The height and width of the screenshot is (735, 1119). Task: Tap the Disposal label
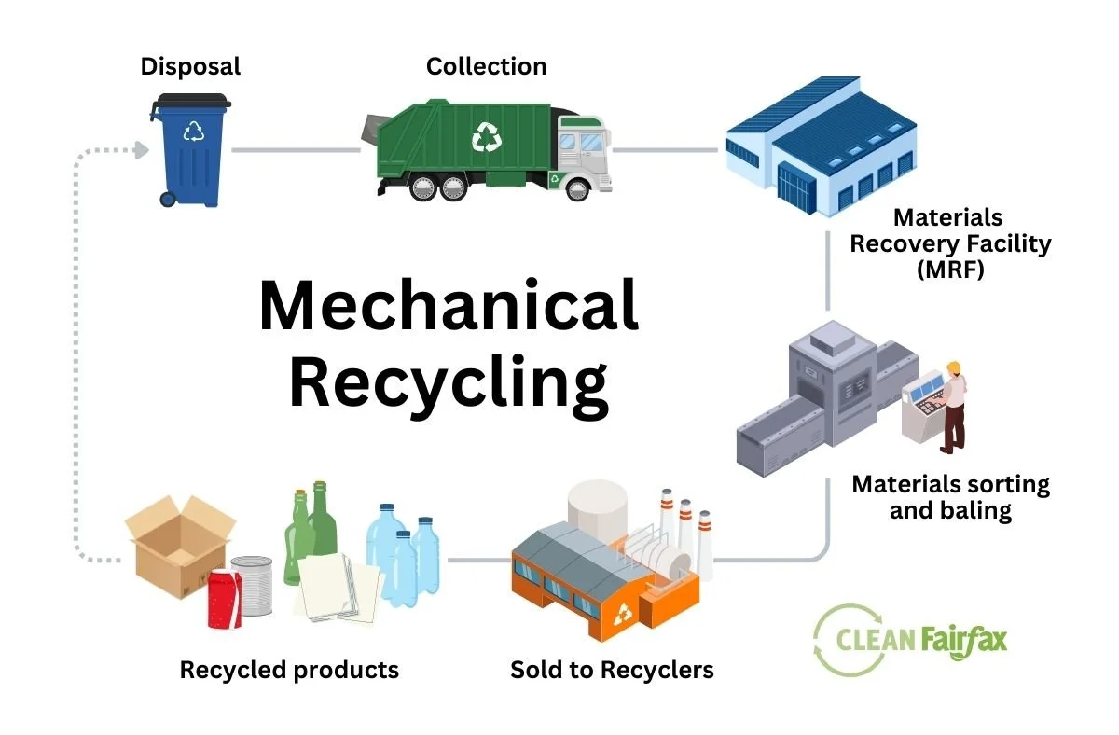click(190, 66)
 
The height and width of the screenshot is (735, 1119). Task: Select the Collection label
click(486, 66)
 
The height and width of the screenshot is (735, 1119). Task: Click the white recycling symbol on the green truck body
click(487, 136)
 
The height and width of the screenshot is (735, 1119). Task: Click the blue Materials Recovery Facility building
click(820, 149)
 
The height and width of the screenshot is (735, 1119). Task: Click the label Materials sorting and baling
click(950, 497)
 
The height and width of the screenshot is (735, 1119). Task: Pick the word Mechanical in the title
click(449, 306)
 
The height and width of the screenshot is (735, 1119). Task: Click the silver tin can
click(252, 583)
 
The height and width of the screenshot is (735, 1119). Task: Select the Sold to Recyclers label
click(612, 670)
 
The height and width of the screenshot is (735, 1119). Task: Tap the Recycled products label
click(289, 670)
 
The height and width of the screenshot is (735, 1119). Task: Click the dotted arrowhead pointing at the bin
click(141, 149)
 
